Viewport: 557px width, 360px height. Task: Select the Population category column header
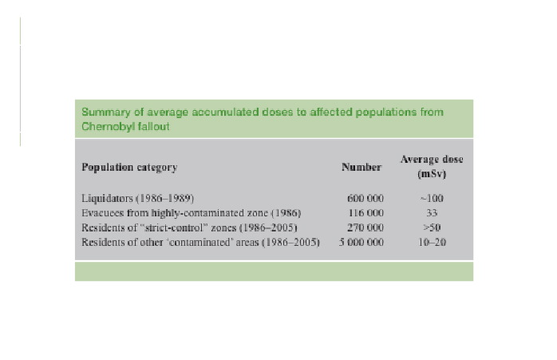point(129,168)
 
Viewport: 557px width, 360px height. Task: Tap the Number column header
point(361,168)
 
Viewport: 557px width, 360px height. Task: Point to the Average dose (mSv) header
point(431,166)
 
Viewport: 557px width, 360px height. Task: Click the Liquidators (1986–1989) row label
point(138,198)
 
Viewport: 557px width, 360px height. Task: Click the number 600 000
point(365,198)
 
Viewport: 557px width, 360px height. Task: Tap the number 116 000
point(365,213)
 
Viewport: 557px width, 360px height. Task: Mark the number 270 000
point(365,227)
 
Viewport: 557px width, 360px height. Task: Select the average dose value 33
point(431,213)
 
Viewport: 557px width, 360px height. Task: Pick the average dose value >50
point(431,227)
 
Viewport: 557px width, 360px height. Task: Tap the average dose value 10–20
point(431,242)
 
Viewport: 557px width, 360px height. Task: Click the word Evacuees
point(103,213)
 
